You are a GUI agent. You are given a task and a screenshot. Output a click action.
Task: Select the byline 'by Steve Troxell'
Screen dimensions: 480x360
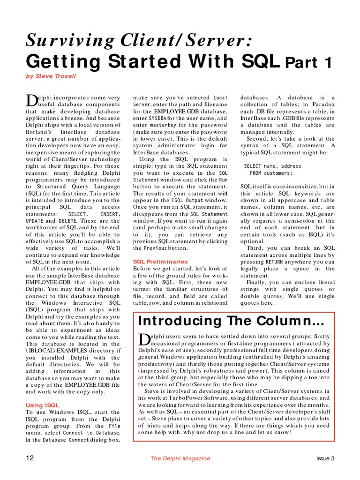point(51,76)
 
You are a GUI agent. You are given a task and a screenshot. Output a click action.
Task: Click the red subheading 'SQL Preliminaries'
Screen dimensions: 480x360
point(160,262)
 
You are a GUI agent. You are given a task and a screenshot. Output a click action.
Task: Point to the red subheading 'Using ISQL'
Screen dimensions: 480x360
point(42,405)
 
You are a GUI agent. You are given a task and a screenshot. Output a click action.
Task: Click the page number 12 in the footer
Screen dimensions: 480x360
point(30,458)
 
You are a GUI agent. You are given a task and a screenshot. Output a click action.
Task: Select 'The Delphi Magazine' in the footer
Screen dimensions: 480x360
point(180,458)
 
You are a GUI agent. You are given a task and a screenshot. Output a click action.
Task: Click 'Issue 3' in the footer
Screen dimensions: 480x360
point(325,458)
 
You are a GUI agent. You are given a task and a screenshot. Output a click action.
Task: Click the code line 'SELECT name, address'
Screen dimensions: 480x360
point(273,166)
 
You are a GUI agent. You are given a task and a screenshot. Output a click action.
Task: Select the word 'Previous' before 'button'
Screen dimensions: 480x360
point(155,248)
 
